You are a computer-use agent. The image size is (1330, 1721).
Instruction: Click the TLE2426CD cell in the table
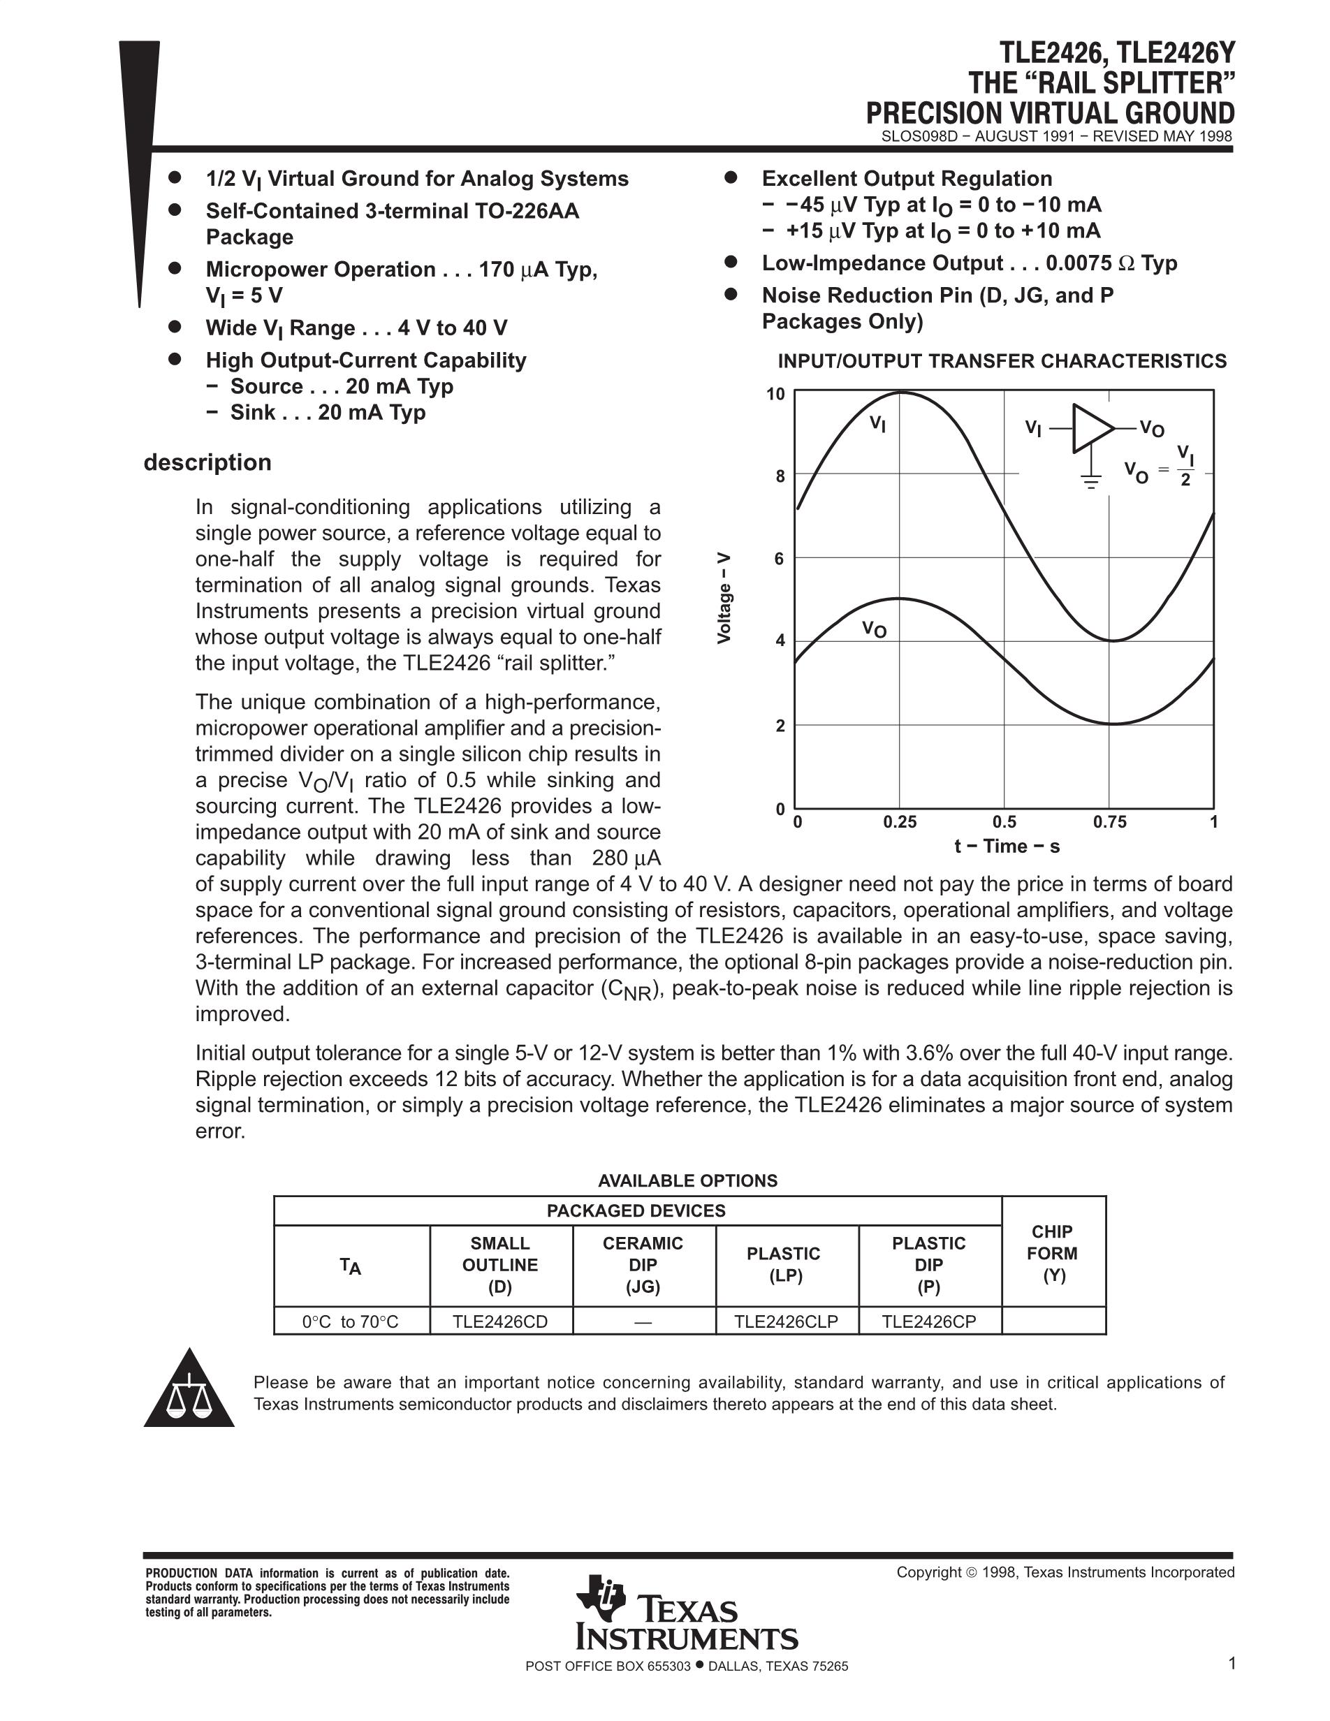coord(499,1321)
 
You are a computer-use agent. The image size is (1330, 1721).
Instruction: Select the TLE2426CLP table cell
coord(786,1321)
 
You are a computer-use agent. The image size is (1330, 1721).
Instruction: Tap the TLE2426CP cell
coord(928,1321)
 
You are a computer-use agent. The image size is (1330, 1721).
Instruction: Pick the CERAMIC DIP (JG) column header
coord(642,1264)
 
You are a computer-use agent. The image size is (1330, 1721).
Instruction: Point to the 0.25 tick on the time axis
coord(899,822)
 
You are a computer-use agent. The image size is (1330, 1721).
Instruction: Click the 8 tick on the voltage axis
coord(780,476)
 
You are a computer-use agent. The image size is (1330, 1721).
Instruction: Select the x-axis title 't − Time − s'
coord(1006,847)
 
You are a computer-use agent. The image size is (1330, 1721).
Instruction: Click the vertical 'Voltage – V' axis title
coord(724,598)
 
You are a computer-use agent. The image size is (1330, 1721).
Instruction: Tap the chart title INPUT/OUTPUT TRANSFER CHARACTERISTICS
coord(1002,361)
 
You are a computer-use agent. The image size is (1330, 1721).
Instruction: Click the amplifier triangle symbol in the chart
coord(1091,429)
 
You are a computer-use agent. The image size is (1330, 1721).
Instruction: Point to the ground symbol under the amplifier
coord(1091,480)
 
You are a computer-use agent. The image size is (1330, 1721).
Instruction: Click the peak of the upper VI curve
coord(900,393)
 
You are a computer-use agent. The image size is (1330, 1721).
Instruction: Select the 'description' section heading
coord(207,462)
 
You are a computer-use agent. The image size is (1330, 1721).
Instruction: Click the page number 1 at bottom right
coord(1232,1663)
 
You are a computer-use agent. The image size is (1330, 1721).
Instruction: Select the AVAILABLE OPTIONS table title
coord(687,1180)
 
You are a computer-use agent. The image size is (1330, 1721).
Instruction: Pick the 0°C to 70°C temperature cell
coord(351,1321)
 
